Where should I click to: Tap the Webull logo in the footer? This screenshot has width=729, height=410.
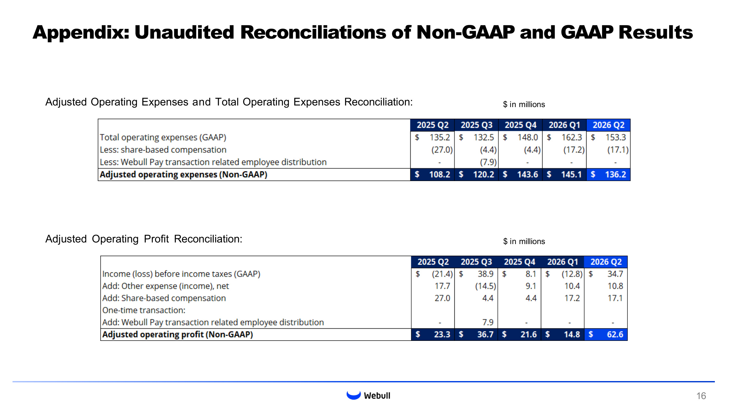click(368, 395)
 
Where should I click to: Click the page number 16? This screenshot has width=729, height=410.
click(701, 396)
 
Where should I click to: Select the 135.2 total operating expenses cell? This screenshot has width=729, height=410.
click(440, 137)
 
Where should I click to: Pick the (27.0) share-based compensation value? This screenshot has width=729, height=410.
click(442, 150)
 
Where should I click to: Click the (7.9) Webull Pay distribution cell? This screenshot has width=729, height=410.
click(488, 162)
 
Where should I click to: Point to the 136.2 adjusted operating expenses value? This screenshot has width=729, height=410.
click(615, 175)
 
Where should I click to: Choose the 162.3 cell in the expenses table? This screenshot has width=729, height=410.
click(571, 137)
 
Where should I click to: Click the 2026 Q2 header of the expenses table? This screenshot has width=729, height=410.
click(608, 125)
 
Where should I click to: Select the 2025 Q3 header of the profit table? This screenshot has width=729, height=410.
click(476, 262)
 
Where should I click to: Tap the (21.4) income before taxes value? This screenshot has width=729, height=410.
click(442, 274)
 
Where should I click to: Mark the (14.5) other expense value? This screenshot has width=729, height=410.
click(486, 286)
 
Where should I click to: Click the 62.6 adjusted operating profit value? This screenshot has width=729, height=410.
click(615, 334)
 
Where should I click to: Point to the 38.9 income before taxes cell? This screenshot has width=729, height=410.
click(485, 274)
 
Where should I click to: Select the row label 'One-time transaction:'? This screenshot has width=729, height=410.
click(144, 310)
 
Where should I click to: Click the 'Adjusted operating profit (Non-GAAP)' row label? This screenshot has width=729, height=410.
click(178, 334)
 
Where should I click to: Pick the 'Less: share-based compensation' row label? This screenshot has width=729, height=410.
click(163, 150)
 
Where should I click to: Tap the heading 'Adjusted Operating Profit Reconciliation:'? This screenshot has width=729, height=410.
click(144, 239)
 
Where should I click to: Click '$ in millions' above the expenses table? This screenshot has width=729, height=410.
click(524, 105)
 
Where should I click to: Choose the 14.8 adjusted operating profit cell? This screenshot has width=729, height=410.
click(572, 334)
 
